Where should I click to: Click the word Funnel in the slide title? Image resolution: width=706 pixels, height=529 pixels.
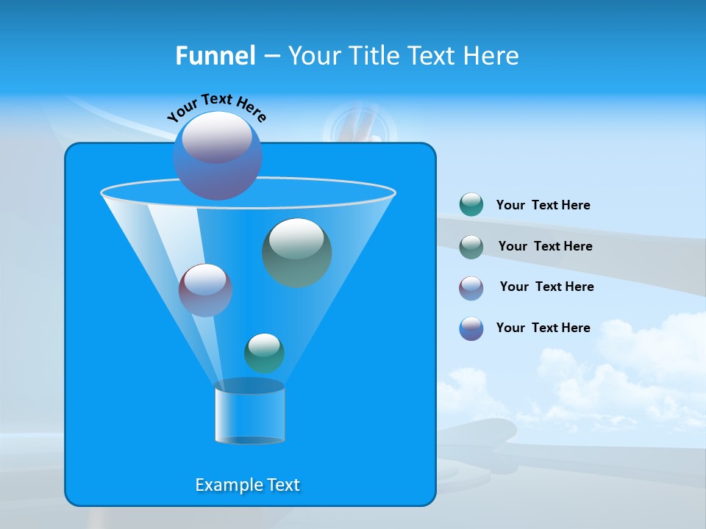(x=215, y=56)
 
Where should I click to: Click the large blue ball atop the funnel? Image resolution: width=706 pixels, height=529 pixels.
(x=218, y=155)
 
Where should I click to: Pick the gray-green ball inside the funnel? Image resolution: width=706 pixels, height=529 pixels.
(x=297, y=252)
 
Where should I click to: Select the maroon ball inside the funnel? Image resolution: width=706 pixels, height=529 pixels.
(x=205, y=290)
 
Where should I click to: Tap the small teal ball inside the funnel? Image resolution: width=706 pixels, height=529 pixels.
(x=264, y=353)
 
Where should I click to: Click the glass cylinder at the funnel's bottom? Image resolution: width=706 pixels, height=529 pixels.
(x=250, y=413)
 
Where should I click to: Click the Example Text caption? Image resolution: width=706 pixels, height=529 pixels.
(x=248, y=485)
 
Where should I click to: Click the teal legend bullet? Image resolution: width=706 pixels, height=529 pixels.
(x=471, y=205)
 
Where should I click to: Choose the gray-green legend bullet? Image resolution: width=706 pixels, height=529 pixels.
(x=471, y=246)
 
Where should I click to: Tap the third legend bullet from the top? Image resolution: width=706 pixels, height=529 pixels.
(x=471, y=287)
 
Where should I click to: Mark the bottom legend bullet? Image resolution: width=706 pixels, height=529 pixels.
(x=471, y=328)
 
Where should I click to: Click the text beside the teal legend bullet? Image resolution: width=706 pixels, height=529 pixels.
(x=543, y=205)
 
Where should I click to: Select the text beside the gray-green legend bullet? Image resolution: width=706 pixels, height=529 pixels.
(x=545, y=246)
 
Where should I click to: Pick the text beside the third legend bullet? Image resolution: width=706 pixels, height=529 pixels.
(x=546, y=287)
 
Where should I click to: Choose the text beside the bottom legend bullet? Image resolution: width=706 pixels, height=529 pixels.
(x=543, y=328)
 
